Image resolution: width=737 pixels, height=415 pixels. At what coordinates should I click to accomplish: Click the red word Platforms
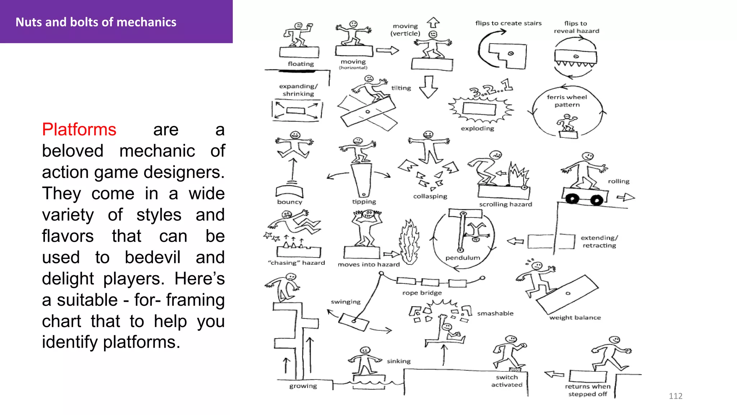(79, 129)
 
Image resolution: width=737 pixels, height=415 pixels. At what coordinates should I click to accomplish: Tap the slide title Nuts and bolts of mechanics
(96, 22)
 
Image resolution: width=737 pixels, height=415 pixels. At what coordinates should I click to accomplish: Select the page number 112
(675, 396)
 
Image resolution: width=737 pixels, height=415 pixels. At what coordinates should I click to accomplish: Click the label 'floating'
(301, 64)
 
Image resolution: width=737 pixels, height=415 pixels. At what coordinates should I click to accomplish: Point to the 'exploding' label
(477, 128)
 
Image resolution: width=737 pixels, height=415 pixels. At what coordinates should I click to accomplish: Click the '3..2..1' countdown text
(491, 89)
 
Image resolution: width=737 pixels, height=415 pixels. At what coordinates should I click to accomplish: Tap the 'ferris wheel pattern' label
(567, 101)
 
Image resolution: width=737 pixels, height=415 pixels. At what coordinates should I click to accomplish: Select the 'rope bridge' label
(422, 293)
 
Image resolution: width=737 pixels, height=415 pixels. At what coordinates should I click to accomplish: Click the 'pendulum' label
(462, 258)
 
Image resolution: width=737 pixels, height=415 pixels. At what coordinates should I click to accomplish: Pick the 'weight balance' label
(575, 317)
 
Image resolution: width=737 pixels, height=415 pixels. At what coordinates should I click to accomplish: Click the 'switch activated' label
(507, 381)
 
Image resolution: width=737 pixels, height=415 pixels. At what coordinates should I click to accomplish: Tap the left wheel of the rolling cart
(572, 198)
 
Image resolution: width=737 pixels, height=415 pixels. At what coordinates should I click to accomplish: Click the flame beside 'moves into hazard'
(409, 243)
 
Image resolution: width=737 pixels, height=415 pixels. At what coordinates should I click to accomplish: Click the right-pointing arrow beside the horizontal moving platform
(388, 50)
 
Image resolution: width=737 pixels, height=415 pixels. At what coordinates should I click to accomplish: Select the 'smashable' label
(495, 313)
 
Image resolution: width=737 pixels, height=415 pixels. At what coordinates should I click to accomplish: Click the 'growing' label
(303, 386)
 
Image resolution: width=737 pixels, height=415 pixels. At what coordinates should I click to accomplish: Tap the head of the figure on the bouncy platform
(295, 135)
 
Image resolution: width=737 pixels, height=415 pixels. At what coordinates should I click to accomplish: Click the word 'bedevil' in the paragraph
(152, 257)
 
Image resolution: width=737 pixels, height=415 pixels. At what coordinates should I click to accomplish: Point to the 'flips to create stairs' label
(508, 23)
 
